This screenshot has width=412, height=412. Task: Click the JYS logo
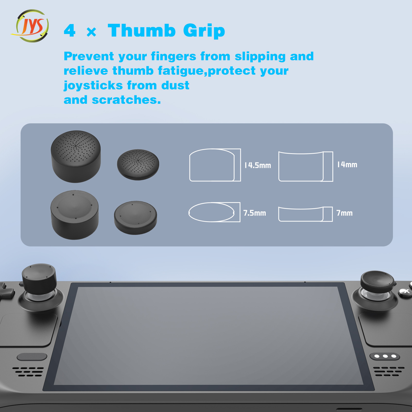pyautogui.click(x=30, y=26)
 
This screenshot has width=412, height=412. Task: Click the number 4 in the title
pyautogui.click(x=70, y=31)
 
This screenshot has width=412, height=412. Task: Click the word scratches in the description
pyautogui.click(x=126, y=100)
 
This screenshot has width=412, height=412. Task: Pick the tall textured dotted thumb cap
pyautogui.click(x=76, y=156)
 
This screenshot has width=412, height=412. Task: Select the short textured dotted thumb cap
pyautogui.click(x=138, y=165)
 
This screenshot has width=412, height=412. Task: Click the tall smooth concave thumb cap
pyautogui.click(x=75, y=215)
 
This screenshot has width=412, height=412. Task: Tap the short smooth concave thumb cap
pyautogui.click(x=135, y=218)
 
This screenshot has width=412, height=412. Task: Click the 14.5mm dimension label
pyautogui.click(x=258, y=165)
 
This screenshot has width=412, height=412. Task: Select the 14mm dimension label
pyautogui.click(x=347, y=165)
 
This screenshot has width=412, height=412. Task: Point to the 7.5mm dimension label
pyautogui.click(x=255, y=213)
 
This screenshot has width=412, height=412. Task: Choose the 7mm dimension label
pyautogui.click(x=345, y=213)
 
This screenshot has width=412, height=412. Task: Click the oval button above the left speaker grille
pyautogui.click(x=32, y=357)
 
